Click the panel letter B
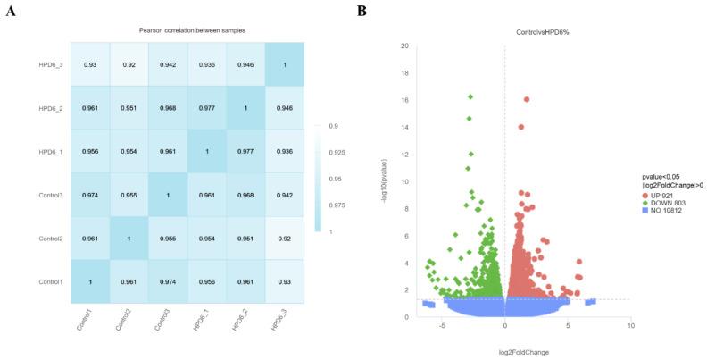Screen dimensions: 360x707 click(362, 11)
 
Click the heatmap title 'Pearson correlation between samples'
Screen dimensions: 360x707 click(192, 30)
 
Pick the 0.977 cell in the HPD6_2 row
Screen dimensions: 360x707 click(207, 109)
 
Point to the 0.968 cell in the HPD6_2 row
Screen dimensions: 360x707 click(169, 109)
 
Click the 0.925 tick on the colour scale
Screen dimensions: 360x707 click(338, 153)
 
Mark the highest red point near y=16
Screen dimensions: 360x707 click(527, 99)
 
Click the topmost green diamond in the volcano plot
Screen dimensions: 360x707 click(470, 96)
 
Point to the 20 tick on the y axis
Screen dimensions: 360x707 click(404, 46)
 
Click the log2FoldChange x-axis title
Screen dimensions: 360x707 click(505, 352)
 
